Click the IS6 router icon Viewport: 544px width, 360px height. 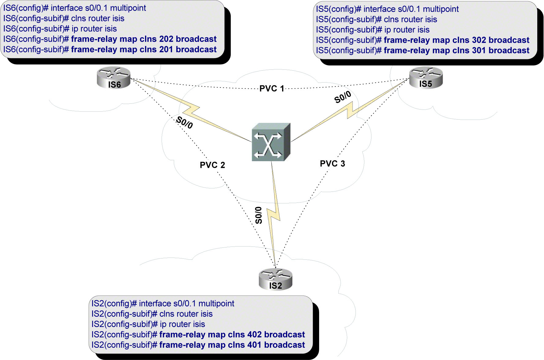click(x=114, y=77)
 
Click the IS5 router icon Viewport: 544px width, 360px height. click(x=426, y=77)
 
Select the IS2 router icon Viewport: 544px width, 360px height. click(x=275, y=279)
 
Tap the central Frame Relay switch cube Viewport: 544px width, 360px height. click(x=270, y=142)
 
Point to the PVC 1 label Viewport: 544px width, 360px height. click(x=272, y=89)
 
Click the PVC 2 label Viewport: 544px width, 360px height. click(x=212, y=165)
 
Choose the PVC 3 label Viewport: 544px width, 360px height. click(x=332, y=164)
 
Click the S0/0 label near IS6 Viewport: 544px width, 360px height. click(x=184, y=122)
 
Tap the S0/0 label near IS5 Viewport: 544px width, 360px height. click(x=342, y=97)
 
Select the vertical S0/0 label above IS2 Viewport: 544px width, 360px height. click(x=259, y=215)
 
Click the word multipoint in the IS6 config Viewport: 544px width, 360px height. click(x=128, y=8)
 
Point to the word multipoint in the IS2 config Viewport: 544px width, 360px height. click(x=216, y=303)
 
